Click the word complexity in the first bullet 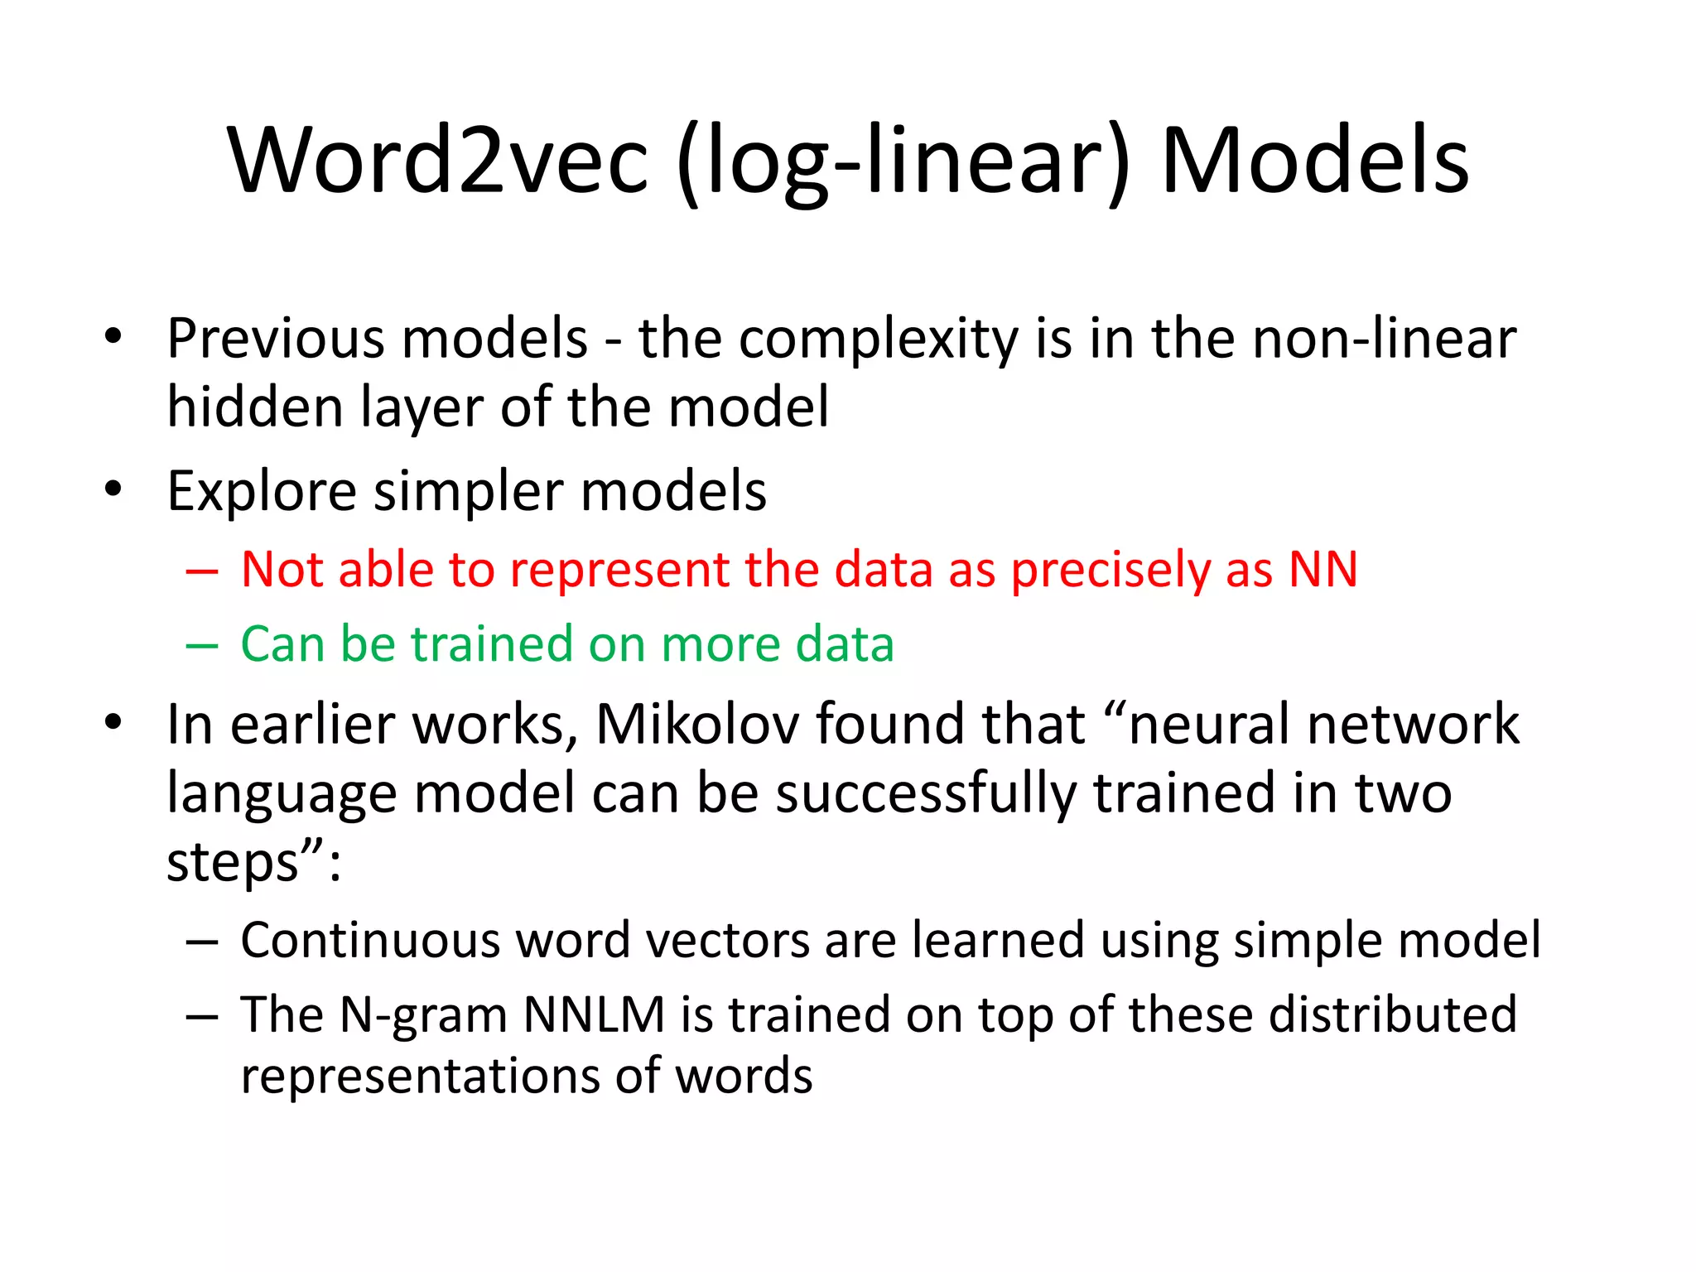pos(878,340)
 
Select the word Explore pos(261,492)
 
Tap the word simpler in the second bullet pos(468,492)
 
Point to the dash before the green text pos(202,646)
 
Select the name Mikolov pos(697,724)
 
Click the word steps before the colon pos(233,864)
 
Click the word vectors pos(727,940)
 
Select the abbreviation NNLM pos(594,1014)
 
